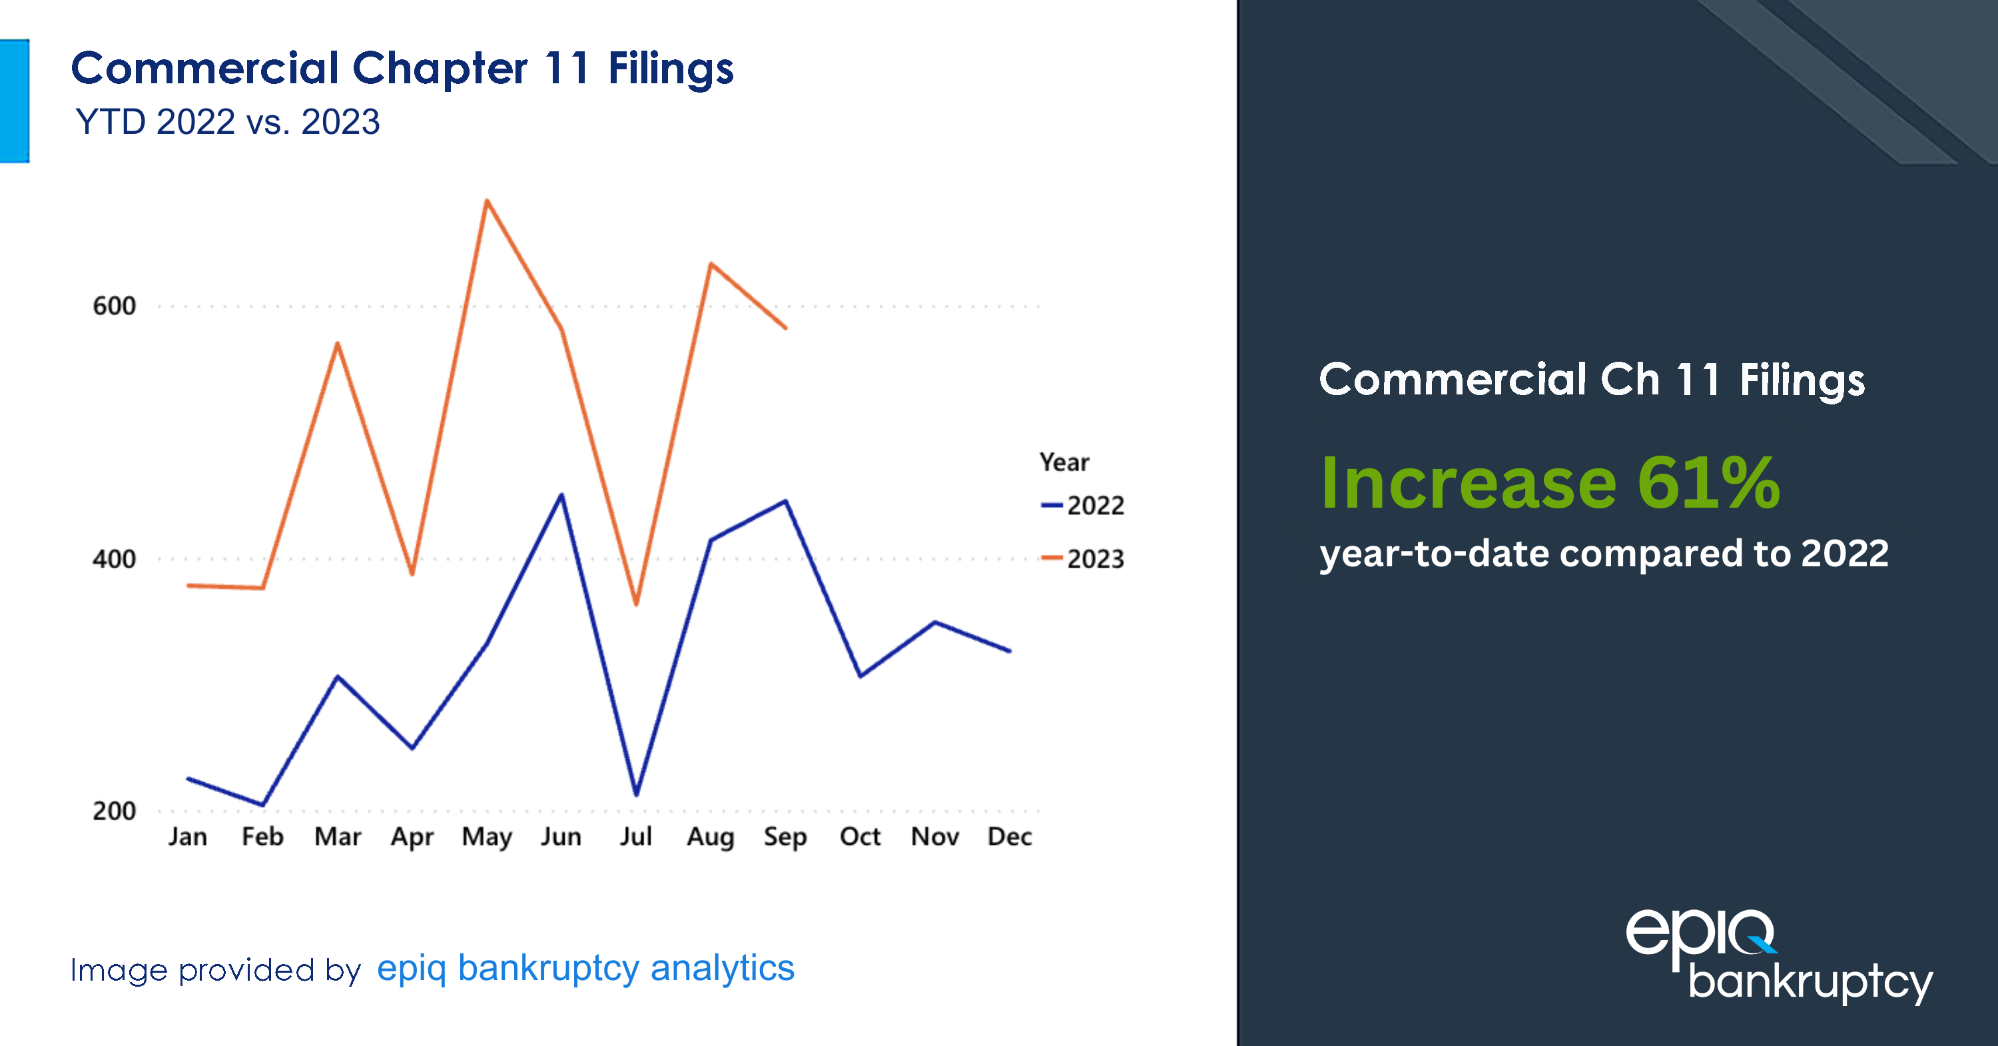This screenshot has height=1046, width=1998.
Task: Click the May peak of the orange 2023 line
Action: coord(486,201)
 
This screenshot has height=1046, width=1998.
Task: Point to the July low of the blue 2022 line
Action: coord(636,793)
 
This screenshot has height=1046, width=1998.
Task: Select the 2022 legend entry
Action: coord(1084,506)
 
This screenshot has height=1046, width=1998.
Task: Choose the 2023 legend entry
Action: coord(1084,559)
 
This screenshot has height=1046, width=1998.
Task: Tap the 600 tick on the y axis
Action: coord(114,306)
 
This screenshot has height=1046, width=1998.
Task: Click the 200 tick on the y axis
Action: coord(114,811)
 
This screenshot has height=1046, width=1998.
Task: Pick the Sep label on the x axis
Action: coord(785,837)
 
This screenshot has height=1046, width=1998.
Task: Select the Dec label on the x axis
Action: coord(1009,837)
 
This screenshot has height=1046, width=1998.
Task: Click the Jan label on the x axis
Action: coord(188,837)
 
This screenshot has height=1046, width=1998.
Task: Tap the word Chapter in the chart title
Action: coord(440,68)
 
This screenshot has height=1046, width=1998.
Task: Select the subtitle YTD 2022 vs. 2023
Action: coord(227,122)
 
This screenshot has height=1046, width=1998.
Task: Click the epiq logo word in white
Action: coord(1698,934)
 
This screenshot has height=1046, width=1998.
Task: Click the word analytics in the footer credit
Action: coord(722,967)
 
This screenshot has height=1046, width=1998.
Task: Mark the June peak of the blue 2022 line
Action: coord(561,495)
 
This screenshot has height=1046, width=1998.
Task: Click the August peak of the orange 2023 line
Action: coord(711,264)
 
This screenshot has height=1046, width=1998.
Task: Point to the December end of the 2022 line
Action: coord(1009,650)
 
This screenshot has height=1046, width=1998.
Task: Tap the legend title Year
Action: coord(1064,462)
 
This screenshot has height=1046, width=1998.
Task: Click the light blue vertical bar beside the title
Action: coord(14,101)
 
